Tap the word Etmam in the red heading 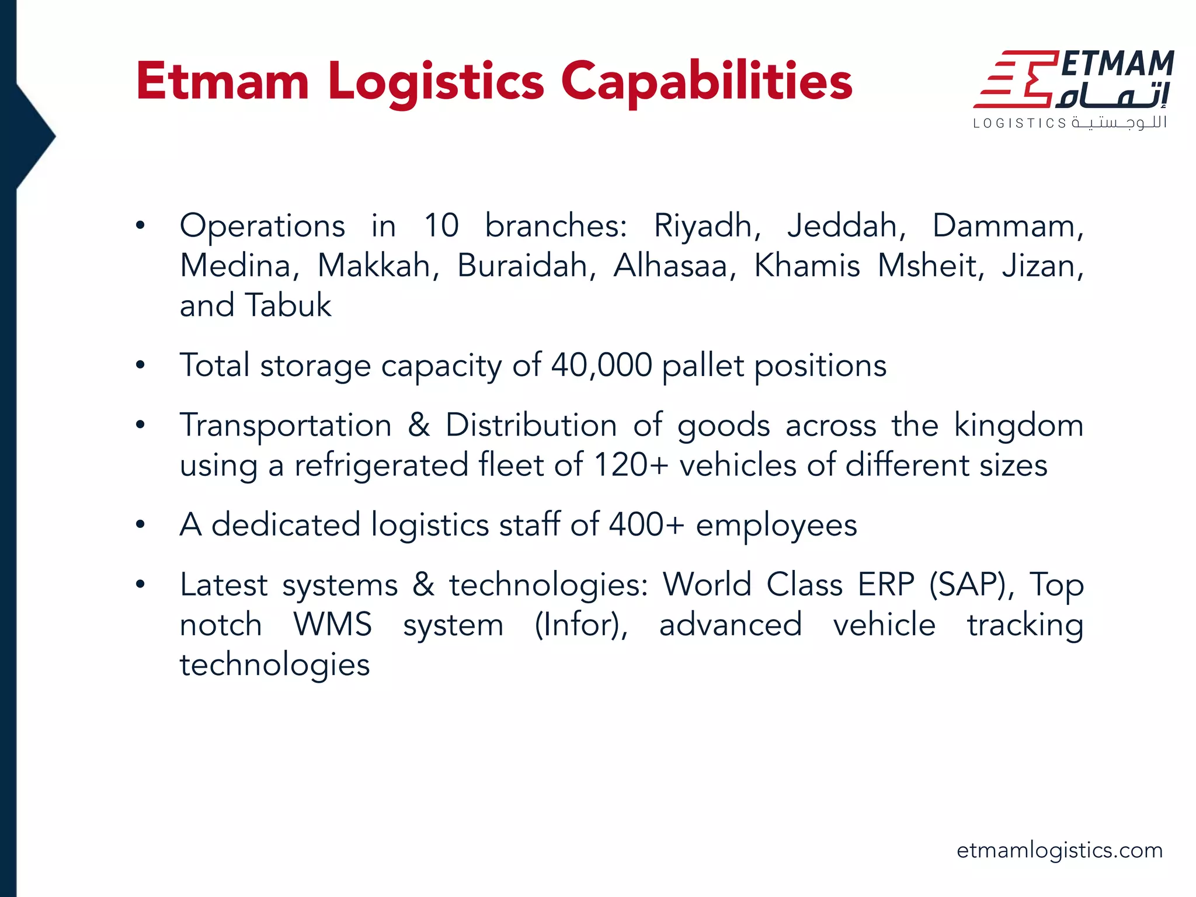point(222,82)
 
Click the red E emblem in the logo point(1016,79)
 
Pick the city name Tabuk point(288,305)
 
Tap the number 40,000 point(602,366)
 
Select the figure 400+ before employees point(646,524)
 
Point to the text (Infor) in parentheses point(581,625)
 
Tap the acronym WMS point(332,625)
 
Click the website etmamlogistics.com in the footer point(1059,850)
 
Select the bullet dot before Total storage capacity point(140,366)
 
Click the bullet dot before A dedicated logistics point(140,524)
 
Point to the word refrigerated point(381,465)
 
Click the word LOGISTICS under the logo point(1020,123)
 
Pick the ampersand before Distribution point(419,425)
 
